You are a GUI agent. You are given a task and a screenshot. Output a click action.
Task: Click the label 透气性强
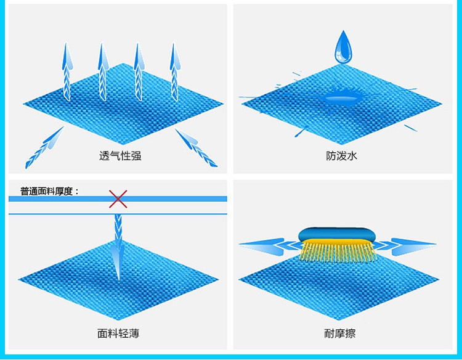pyautogui.click(x=120, y=156)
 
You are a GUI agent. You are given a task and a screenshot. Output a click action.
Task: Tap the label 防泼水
pyautogui.click(x=342, y=156)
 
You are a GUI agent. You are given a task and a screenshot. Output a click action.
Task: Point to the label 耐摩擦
pyautogui.click(x=340, y=333)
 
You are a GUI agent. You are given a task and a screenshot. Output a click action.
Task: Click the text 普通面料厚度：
pyautogui.click(x=50, y=191)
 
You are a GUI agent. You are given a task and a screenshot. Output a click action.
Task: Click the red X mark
pyautogui.click(x=118, y=198)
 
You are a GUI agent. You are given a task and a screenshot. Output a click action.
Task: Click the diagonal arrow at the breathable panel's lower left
pyautogui.click(x=44, y=147)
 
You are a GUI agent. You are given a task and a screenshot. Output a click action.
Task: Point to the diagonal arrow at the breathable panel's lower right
pyautogui.click(x=196, y=147)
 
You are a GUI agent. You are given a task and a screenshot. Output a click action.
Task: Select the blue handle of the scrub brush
pyautogui.click(x=336, y=235)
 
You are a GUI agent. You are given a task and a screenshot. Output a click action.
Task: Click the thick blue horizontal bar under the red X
pyautogui.click(x=62, y=199)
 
